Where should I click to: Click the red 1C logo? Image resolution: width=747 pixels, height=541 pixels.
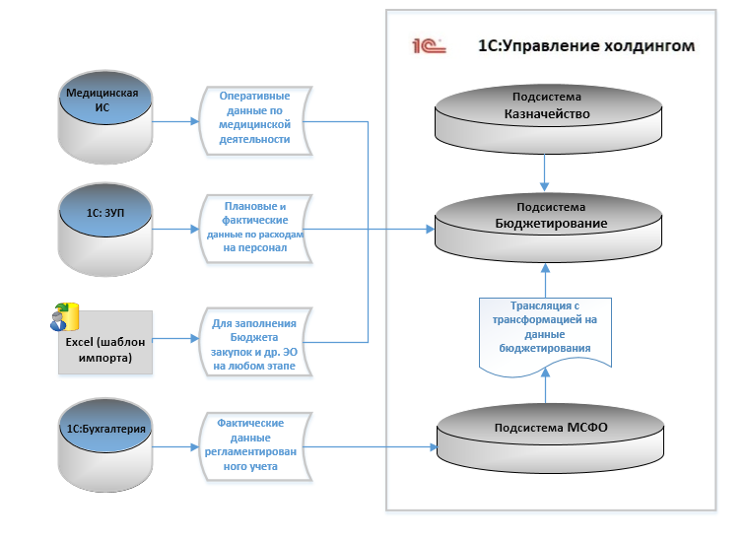[x=430, y=45]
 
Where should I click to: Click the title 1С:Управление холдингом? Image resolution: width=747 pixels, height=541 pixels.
[x=585, y=45]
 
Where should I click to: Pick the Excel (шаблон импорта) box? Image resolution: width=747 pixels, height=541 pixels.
[x=105, y=343]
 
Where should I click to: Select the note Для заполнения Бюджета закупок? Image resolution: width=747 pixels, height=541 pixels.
[x=255, y=343]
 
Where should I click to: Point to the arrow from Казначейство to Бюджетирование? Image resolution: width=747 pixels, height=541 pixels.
[x=545, y=175]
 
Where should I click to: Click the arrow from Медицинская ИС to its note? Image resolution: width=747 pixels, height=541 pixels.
[x=177, y=122]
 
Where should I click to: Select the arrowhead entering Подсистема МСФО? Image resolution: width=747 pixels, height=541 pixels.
[x=430, y=446]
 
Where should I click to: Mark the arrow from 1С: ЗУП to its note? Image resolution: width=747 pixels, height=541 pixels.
[x=177, y=230]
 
